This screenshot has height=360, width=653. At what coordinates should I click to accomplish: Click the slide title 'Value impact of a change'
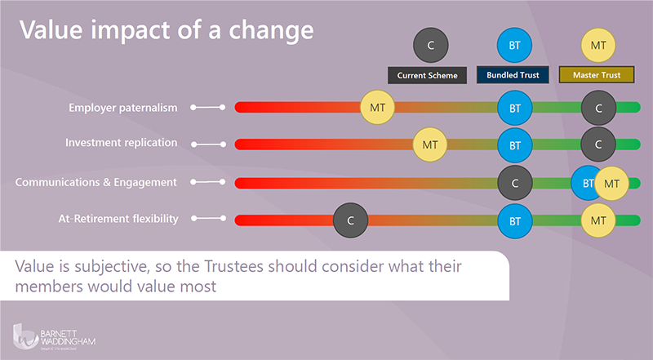(x=167, y=30)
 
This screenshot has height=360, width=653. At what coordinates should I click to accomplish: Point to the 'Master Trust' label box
(x=597, y=76)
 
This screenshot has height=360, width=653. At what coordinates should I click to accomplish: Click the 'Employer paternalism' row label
(x=123, y=107)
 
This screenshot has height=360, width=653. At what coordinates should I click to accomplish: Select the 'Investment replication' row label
(x=121, y=143)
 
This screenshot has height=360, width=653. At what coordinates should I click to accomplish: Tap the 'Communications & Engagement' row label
(x=96, y=182)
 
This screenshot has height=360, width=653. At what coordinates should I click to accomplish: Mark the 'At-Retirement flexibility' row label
(x=119, y=219)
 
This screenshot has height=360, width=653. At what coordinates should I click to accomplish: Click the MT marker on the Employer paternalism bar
(x=378, y=107)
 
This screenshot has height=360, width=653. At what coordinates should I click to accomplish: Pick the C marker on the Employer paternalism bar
(x=598, y=107)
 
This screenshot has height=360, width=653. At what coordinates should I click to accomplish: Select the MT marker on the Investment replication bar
(x=429, y=144)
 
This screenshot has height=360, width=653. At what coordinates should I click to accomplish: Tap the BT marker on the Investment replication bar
(x=515, y=144)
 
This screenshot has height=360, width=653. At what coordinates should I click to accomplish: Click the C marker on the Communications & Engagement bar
(x=515, y=183)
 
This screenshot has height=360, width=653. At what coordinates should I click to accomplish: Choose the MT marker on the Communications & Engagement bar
(x=611, y=183)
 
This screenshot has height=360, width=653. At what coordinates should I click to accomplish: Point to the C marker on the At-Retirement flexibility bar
(x=350, y=220)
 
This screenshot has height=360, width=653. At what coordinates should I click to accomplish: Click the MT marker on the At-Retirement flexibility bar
(x=598, y=220)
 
